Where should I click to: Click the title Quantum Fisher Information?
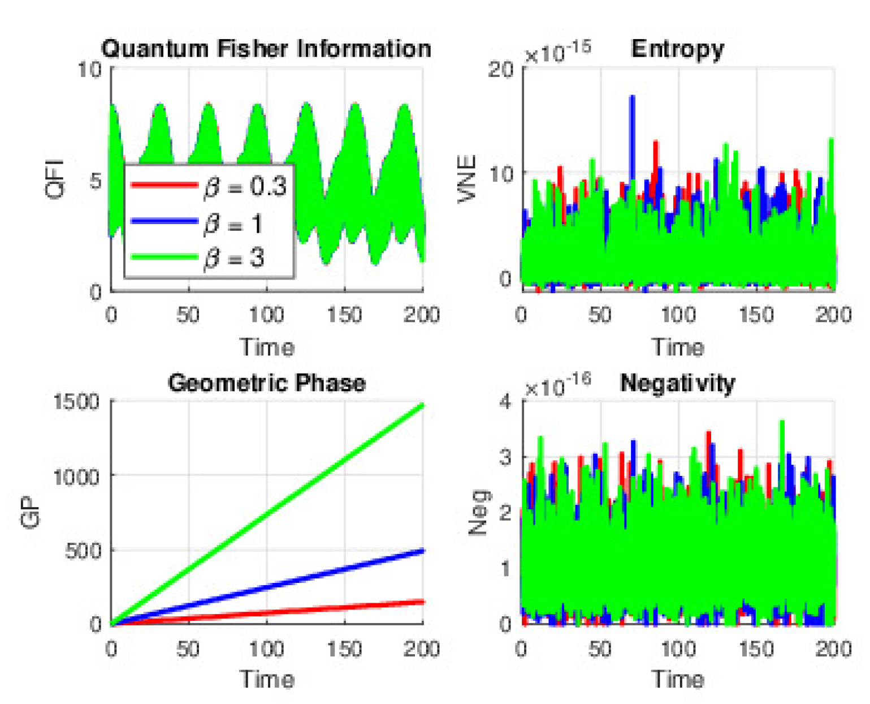pos(266,49)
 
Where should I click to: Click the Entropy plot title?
pos(677,49)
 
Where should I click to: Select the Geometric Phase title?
pos(266,383)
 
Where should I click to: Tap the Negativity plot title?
pos(677,384)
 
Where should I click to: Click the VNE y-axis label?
pos(467,179)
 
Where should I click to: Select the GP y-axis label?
pos(31,512)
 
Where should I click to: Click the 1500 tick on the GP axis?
pos(77,402)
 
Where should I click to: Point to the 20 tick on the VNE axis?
pos(501,70)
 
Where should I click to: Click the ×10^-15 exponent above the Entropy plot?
pos(557,52)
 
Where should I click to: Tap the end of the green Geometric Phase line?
pos(422,406)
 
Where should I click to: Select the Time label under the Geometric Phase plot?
pos(267,679)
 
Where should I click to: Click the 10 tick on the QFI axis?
pos(89,70)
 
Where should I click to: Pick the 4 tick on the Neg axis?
pos(505,402)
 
